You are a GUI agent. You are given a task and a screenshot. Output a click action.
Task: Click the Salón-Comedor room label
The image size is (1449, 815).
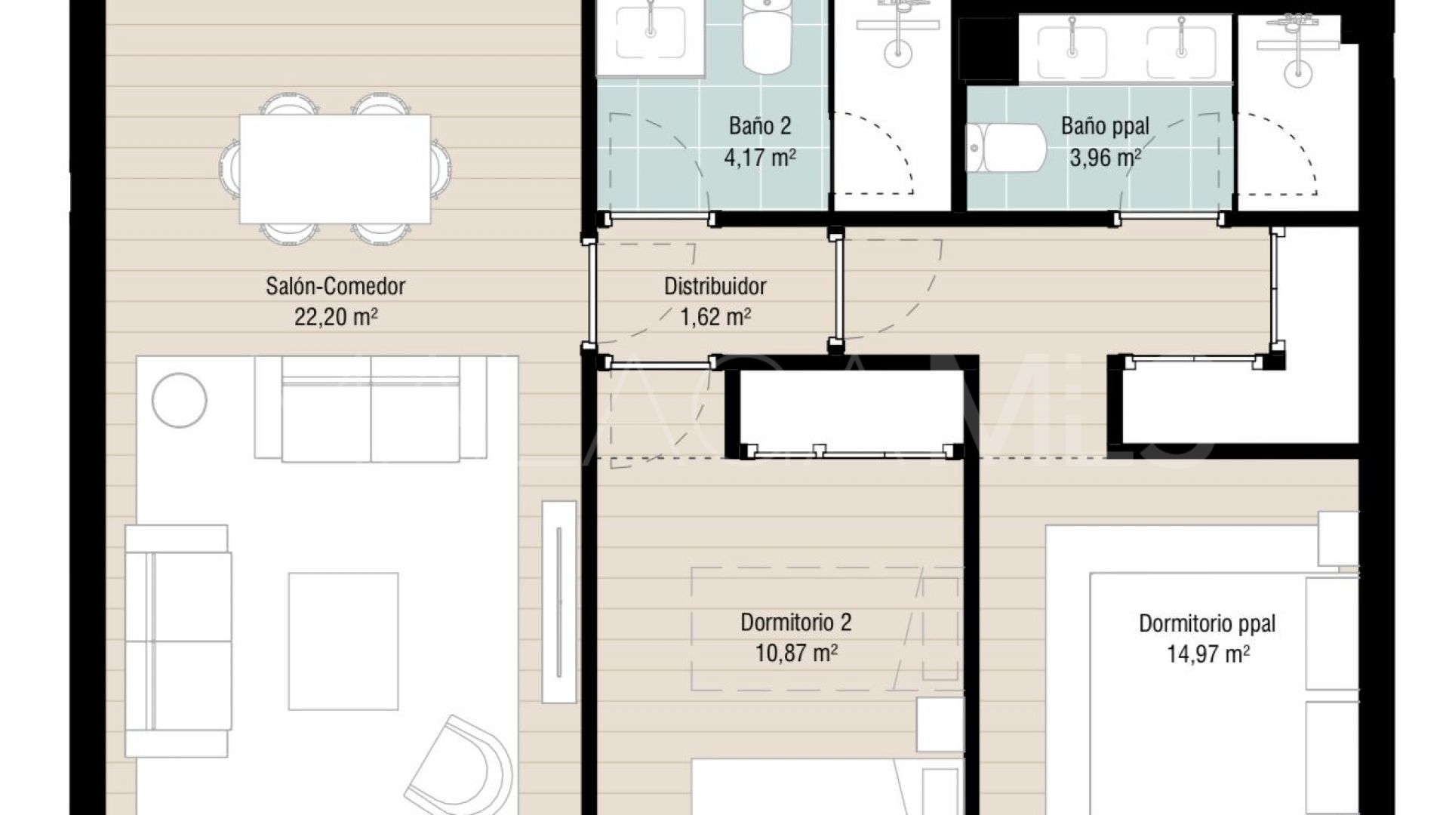click(335, 286)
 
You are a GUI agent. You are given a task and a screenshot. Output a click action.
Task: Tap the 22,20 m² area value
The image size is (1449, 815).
click(335, 317)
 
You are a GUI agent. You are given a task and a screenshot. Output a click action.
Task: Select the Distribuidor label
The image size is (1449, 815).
click(715, 286)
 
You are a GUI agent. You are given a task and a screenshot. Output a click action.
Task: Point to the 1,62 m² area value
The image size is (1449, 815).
click(715, 317)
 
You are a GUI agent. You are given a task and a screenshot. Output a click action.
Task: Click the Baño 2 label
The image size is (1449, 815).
click(760, 125)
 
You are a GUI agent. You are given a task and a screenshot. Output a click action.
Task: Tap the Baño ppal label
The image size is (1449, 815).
click(1105, 125)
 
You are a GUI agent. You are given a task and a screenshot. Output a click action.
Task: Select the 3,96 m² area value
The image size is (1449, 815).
click(1105, 158)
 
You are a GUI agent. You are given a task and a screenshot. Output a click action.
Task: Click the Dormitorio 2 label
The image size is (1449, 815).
click(795, 623)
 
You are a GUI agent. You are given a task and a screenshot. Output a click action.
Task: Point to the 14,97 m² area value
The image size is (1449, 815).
click(1207, 654)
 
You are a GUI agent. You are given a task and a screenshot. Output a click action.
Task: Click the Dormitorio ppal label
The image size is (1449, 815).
click(1207, 623)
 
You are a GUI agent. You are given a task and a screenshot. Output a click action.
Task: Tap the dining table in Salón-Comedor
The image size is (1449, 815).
click(335, 168)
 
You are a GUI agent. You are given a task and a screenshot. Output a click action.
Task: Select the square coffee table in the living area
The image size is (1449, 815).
click(343, 641)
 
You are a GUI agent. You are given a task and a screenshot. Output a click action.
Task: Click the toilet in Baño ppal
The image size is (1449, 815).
click(1006, 148)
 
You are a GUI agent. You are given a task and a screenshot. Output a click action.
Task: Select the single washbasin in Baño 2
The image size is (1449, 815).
click(650, 34)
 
